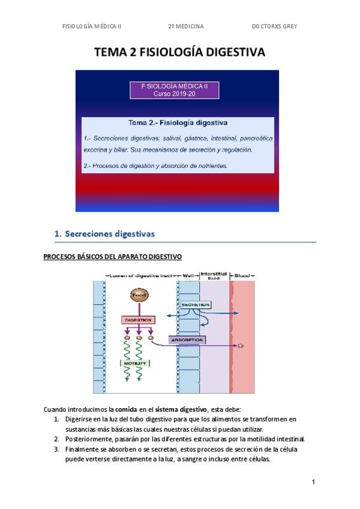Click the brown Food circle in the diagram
click(139, 296)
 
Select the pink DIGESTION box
click(139, 320)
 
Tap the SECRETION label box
click(194, 305)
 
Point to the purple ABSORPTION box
click(187, 340)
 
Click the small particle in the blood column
click(241, 346)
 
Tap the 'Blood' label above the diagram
click(243, 276)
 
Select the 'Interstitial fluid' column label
click(213, 275)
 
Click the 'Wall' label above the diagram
click(188, 276)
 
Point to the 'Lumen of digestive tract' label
click(140, 276)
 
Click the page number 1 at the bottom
click(313, 481)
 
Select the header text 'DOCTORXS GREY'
click(274, 26)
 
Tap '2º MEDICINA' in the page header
click(186, 26)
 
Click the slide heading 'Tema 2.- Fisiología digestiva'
click(178, 123)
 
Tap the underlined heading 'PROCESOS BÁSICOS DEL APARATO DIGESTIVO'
click(112, 256)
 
